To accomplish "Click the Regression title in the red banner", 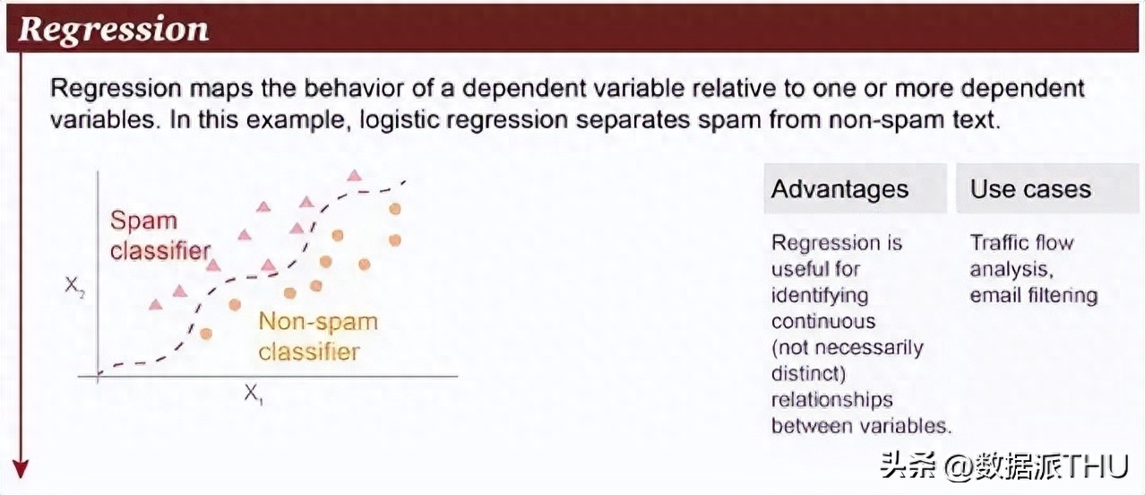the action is pos(114,29).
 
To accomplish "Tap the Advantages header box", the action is pos(856,188).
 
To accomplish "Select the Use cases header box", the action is pos(1047,188).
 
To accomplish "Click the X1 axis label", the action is pos(254,395).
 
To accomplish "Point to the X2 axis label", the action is pos(74,286).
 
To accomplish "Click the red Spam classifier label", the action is pos(160,236).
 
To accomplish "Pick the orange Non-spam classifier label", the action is pos(318,336).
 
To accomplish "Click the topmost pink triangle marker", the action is pos(354,176).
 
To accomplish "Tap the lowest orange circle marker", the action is pos(206,334).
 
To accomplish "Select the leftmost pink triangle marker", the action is pos(155,305).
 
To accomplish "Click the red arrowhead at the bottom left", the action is pos(21,469).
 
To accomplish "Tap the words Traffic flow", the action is pos(1021,242).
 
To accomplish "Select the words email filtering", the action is pos(1034,295).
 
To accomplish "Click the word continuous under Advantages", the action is pos(823,321).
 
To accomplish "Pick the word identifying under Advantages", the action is pos(820,296).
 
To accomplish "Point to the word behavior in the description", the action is pos(354,88).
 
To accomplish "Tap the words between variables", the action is pos(861,425).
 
